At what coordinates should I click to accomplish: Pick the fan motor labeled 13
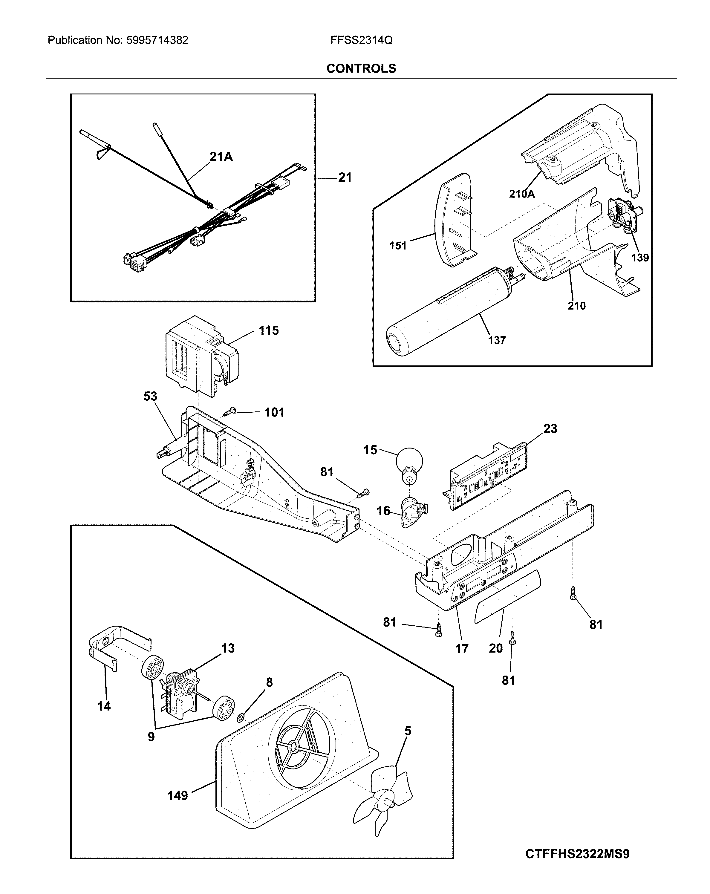pos(179,691)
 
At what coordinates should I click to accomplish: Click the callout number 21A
pos(221,157)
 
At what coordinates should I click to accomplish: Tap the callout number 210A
pos(521,194)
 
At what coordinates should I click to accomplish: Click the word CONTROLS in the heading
pos(361,68)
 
